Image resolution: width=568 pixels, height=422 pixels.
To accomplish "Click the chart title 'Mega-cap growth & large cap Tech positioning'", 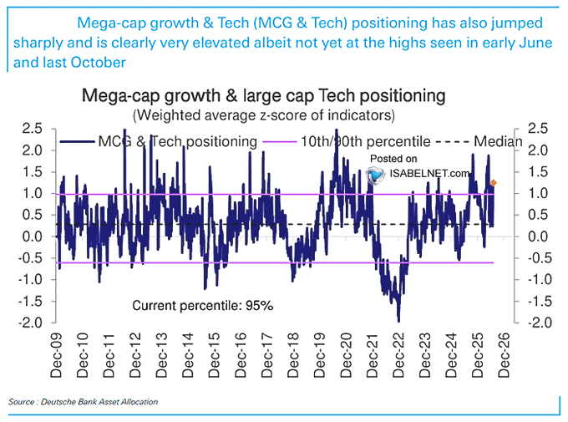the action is [263, 96].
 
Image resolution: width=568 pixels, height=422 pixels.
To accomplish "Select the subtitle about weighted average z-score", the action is [264, 115].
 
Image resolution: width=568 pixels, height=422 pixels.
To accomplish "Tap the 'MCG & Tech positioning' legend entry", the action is [159, 141].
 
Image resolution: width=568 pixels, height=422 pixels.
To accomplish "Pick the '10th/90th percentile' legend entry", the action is [347, 141].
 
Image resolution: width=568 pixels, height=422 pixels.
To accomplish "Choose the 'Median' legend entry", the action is [479, 141].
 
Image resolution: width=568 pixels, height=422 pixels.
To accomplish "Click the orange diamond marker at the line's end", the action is [493, 183].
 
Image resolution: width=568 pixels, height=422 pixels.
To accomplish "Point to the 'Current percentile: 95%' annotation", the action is [202, 306].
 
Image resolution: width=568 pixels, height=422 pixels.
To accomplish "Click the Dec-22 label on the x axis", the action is [398, 355].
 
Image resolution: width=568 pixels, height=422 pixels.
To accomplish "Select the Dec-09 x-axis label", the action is [56, 355].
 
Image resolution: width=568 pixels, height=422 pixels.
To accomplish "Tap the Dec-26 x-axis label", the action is [504, 355].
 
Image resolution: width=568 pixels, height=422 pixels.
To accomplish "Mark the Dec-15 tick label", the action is [214, 355].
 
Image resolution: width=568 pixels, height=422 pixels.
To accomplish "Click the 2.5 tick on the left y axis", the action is [33, 129].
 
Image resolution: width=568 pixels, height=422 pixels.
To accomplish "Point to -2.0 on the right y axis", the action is [539, 323].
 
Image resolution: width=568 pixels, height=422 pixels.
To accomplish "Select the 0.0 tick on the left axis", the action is [33, 236].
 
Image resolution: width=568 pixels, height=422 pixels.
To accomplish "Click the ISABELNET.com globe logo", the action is [375, 175].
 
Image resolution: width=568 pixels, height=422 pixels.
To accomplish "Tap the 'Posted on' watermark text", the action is [393, 159].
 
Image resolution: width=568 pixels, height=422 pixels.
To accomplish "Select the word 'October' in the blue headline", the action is [99, 63].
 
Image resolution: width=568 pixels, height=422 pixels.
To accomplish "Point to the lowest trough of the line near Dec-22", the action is [398, 321].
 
